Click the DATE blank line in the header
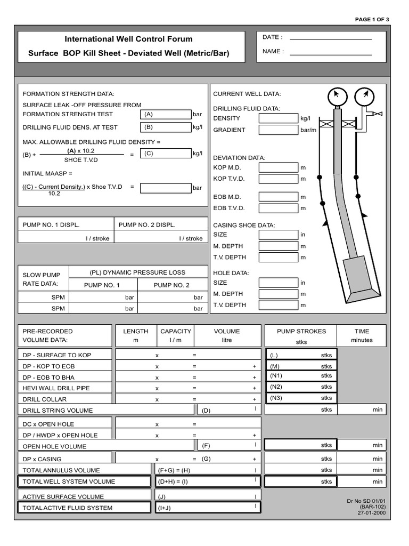pos(330,38)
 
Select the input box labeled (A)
pos(166,114)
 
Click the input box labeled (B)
pos(166,127)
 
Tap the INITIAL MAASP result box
pos(166,188)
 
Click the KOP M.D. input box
pos(278,167)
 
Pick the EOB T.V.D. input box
pos(278,208)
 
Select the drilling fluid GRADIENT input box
pos(278,130)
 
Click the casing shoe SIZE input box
pos(278,235)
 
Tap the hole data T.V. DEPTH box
pos(278,306)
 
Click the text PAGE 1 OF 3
pos(372,20)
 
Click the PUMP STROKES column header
pos(301,331)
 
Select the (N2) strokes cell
pos(301,387)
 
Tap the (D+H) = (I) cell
pos(207,481)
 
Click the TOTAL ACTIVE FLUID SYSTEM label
pos(67,508)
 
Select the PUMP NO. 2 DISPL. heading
pos(147,225)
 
